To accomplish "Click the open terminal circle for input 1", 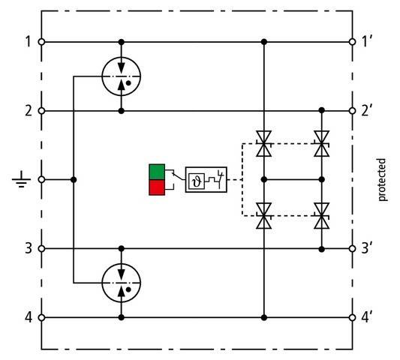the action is pyautogui.click(x=41, y=42).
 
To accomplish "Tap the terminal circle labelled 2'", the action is pyautogui.click(x=352, y=111).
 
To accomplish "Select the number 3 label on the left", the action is pyautogui.click(x=29, y=248).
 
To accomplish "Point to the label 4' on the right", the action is pyautogui.click(x=366, y=318).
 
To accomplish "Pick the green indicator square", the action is pyautogui.click(x=157, y=172).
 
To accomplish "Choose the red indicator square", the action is pyautogui.click(x=157, y=187).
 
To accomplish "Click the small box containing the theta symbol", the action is pyautogui.click(x=197, y=181).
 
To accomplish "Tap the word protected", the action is pyautogui.click(x=382, y=180).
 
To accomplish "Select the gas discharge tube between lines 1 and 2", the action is pyautogui.click(x=122, y=76).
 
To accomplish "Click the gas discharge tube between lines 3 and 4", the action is pyautogui.click(x=122, y=283).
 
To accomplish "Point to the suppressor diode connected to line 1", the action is pyautogui.click(x=264, y=143).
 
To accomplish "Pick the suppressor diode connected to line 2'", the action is pyautogui.click(x=322, y=143).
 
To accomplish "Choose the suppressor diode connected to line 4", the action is pyautogui.click(x=264, y=216).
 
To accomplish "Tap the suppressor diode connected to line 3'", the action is pyautogui.click(x=322, y=216).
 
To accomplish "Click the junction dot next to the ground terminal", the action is pyautogui.click(x=74, y=180).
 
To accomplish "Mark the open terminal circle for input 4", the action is pyautogui.click(x=41, y=318).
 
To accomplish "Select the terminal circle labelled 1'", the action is pyautogui.click(x=352, y=42).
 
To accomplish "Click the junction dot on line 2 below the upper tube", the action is pyautogui.click(x=122, y=111).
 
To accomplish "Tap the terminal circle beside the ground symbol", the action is pyautogui.click(x=41, y=179).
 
